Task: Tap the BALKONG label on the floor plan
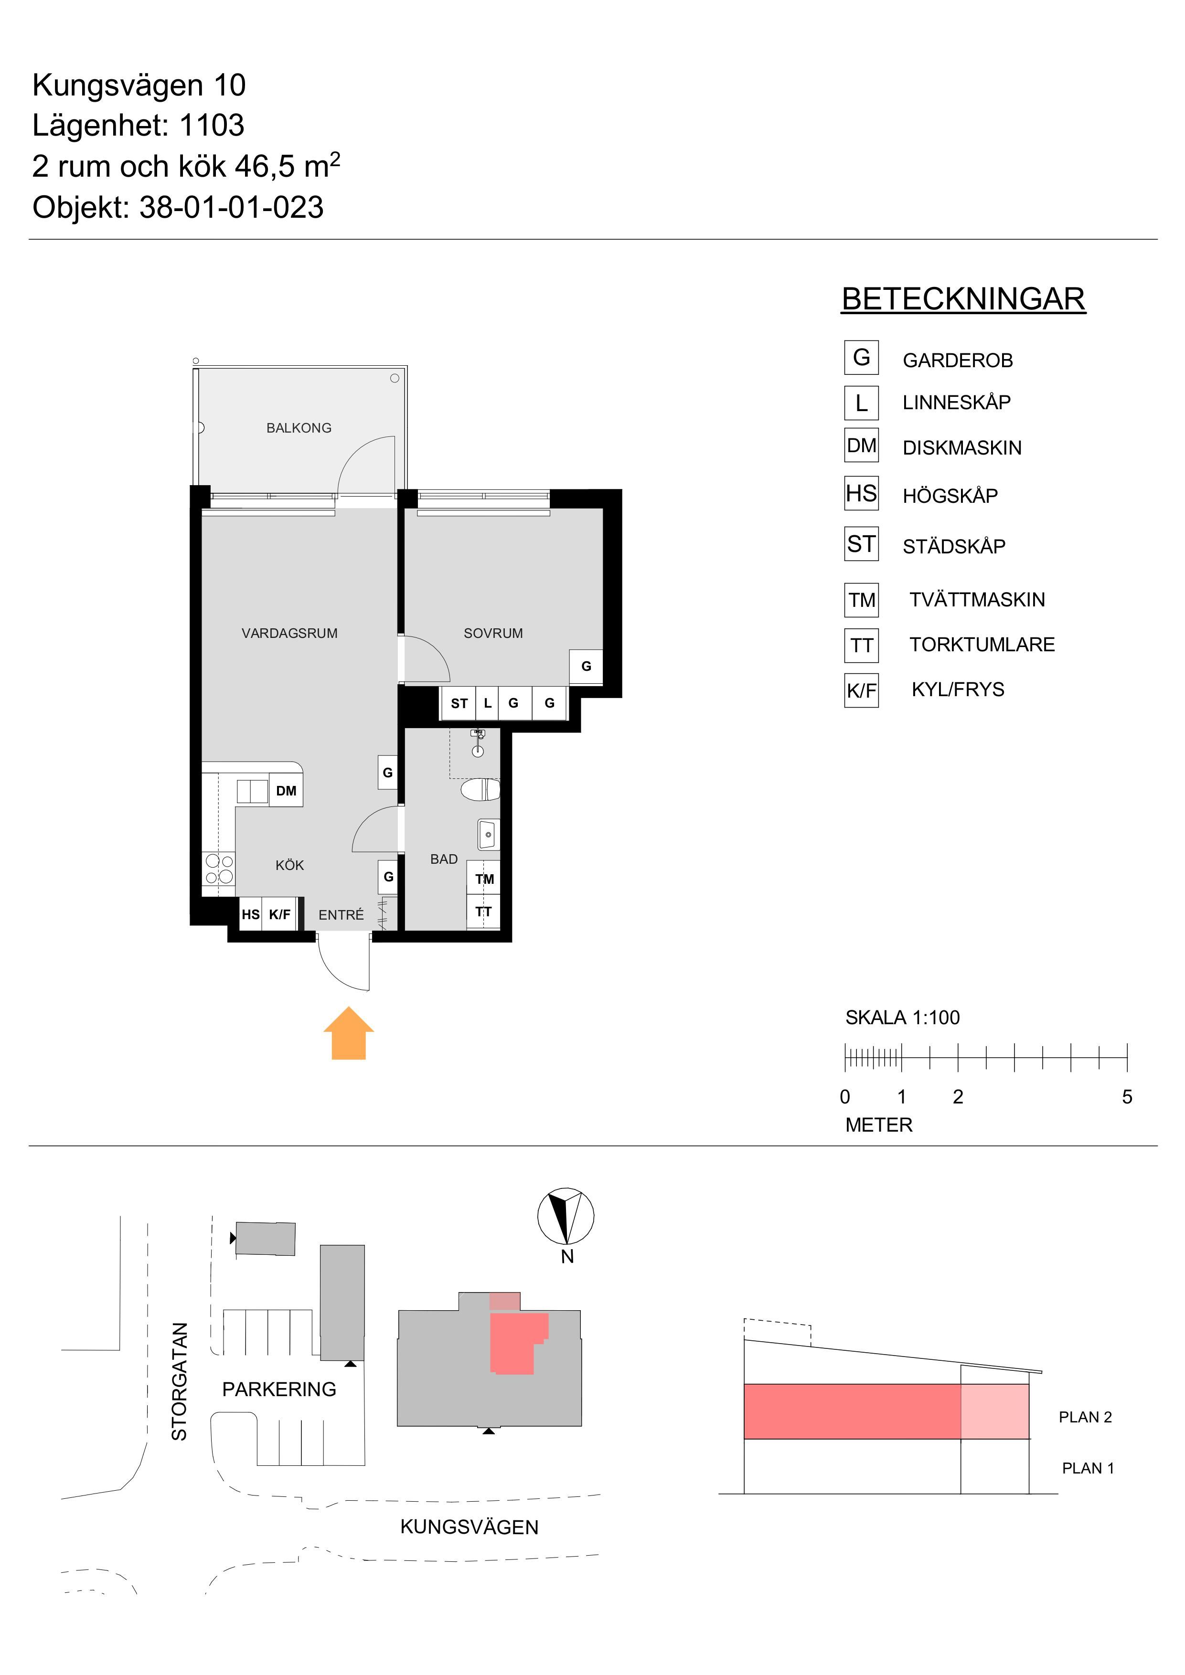tap(299, 428)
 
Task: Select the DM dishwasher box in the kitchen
tap(286, 791)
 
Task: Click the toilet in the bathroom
tap(480, 790)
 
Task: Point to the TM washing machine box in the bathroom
tap(484, 879)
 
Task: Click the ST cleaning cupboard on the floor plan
tap(459, 703)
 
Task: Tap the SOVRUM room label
tap(493, 633)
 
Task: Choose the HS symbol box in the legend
tap(861, 493)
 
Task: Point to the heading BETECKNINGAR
tap(963, 299)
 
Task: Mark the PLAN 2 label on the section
tap(1085, 1417)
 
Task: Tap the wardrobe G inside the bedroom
tap(586, 666)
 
